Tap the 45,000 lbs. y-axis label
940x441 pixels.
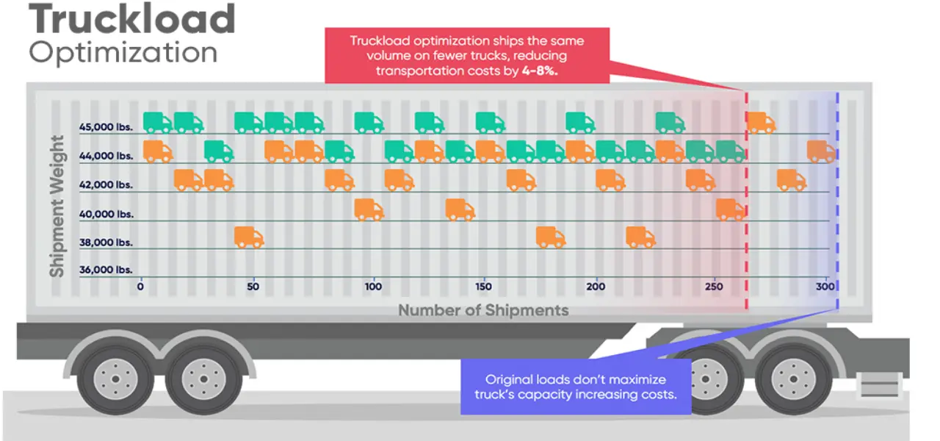click(106, 127)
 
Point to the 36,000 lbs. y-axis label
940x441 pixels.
click(106, 270)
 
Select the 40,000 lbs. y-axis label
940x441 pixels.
click(106, 214)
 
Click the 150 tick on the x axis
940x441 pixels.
click(482, 286)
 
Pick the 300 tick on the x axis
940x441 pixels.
click(822, 286)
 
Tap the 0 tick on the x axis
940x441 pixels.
click(141, 286)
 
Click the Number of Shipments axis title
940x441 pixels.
click(483, 310)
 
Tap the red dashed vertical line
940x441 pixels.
click(747, 220)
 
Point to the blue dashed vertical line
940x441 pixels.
click(837, 220)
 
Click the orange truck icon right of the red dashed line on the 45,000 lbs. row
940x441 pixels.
click(762, 123)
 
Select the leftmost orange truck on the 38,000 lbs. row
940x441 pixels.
click(249, 237)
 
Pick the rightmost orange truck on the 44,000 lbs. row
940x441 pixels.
click(821, 151)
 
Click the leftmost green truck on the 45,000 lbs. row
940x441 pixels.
click(157, 123)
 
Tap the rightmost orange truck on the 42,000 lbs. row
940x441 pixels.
click(792, 180)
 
